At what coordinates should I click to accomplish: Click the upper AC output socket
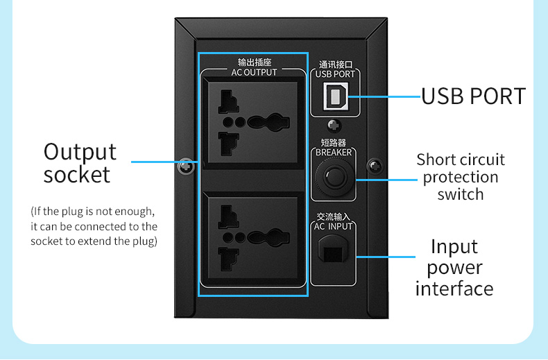(x=252, y=120)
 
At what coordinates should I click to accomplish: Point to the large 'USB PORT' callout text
(x=474, y=96)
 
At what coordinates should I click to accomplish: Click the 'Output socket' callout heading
(x=80, y=162)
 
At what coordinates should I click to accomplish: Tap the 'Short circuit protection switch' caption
(x=461, y=177)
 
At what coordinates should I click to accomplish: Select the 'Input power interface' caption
(x=454, y=267)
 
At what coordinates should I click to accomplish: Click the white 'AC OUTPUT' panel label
(x=254, y=72)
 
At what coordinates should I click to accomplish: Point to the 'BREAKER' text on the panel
(x=334, y=153)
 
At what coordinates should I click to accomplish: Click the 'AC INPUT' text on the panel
(x=334, y=226)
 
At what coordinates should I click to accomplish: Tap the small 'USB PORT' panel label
(x=335, y=74)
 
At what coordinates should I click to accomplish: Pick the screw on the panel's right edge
(x=375, y=166)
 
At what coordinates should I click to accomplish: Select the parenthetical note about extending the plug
(x=94, y=226)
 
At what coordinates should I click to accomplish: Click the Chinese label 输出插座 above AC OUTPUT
(x=253, y=63)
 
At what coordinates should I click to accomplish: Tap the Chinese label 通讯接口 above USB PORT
(x=335, y=64)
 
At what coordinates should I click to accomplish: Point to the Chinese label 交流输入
(x=334, y=216)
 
